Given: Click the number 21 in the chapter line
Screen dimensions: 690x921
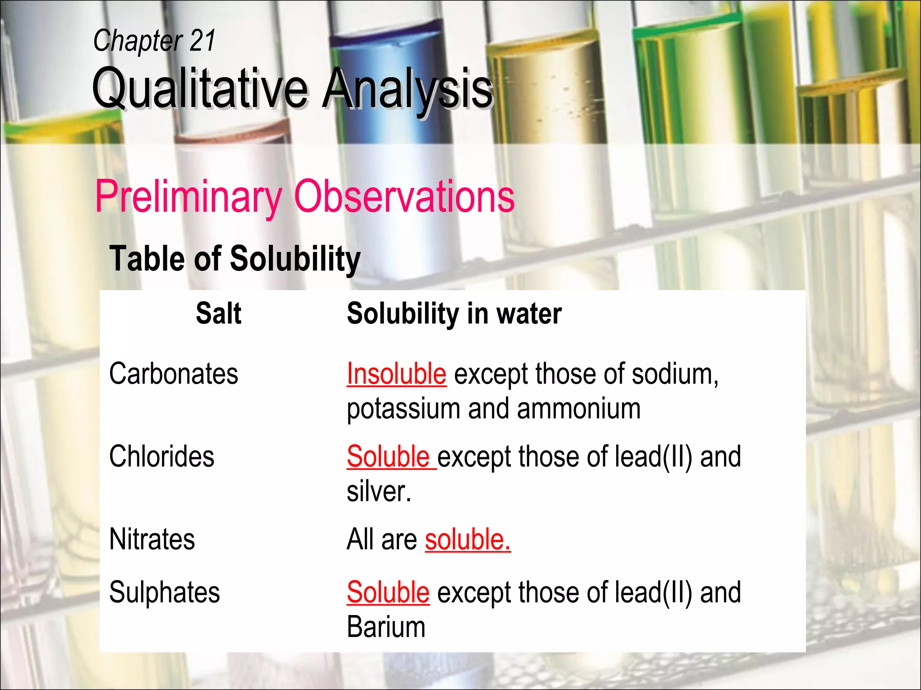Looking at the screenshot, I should (202, 40).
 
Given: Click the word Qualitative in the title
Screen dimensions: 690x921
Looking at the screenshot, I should (200, 88).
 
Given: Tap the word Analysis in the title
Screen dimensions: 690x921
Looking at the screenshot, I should (407, 88).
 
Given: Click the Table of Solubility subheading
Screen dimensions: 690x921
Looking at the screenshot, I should (235, 259).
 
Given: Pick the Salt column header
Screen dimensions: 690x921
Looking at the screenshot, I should (219, 313).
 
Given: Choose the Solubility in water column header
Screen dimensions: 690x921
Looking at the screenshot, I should (454, 313).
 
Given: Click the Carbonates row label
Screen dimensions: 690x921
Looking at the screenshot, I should (174, 374).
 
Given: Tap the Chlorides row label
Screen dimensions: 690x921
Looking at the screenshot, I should (162, 456).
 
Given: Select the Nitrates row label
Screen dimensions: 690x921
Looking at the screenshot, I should (152, 539).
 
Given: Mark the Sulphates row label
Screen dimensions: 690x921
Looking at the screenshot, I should (165, 592).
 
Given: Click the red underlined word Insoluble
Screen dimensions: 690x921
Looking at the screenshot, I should (397, 374).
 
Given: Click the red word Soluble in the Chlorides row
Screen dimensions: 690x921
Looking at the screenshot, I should (389, 456).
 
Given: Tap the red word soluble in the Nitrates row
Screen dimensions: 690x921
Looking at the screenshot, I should (468, 539).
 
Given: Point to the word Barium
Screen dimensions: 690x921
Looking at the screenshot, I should (386, 627).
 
